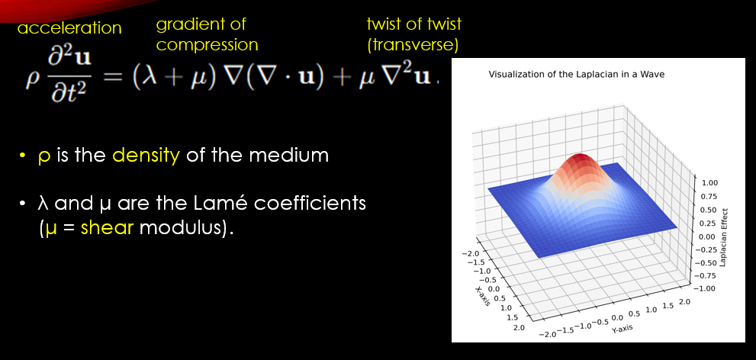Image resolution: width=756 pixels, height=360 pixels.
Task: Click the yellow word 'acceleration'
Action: click(x=69, y=28)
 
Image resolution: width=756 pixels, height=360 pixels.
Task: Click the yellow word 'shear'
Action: click(x=107, y=227)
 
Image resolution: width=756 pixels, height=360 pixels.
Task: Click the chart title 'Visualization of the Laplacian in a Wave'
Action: click(x=577, y=75)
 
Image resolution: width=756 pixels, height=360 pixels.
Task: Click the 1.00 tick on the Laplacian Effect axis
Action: click(x=709, y=183)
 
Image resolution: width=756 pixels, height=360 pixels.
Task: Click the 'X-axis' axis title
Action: click(x=484, y=296)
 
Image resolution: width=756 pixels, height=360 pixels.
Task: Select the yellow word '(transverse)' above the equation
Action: click(x=412, y=45)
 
